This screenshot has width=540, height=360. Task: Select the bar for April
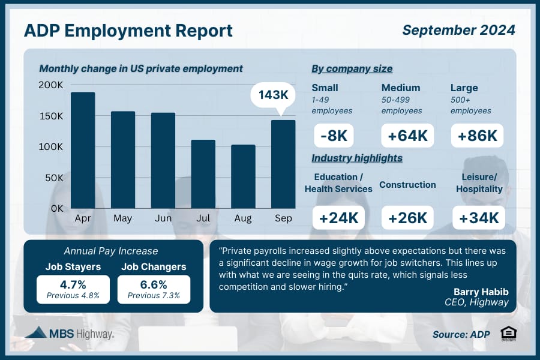click(x=83, y=150)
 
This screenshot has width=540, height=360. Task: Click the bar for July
click(x=203, y=174)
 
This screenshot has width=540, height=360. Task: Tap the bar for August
click(x=243, y=176)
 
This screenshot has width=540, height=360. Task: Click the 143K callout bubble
click(x=273, y=95)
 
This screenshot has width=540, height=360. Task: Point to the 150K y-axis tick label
click(x=51, y=116)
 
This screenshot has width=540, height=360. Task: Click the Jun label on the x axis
click(x=163, y=218)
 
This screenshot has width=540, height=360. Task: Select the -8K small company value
click(x=334, y=136)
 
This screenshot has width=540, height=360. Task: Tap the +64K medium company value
click(x=407, y=136)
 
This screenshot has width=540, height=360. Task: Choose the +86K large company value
click(x=478, y=136)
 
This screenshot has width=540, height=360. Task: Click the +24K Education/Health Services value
click(x=338, y=218)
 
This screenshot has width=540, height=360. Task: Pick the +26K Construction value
click(x=407, y=218)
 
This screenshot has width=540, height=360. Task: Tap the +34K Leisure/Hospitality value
click(x=479, y=218)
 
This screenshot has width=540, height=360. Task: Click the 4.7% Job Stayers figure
click(x=73, y=284)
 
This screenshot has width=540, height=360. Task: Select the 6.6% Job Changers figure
click(x=154, y=284)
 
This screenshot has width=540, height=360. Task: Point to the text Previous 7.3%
click(x=154, y=296)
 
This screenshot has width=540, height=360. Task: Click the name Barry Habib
click(x=481, y=292)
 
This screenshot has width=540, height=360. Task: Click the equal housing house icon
click(x=509, y=334)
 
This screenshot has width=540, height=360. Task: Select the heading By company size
click(x=352, y=69)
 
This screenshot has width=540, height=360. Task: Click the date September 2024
click(x=459, y=30)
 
